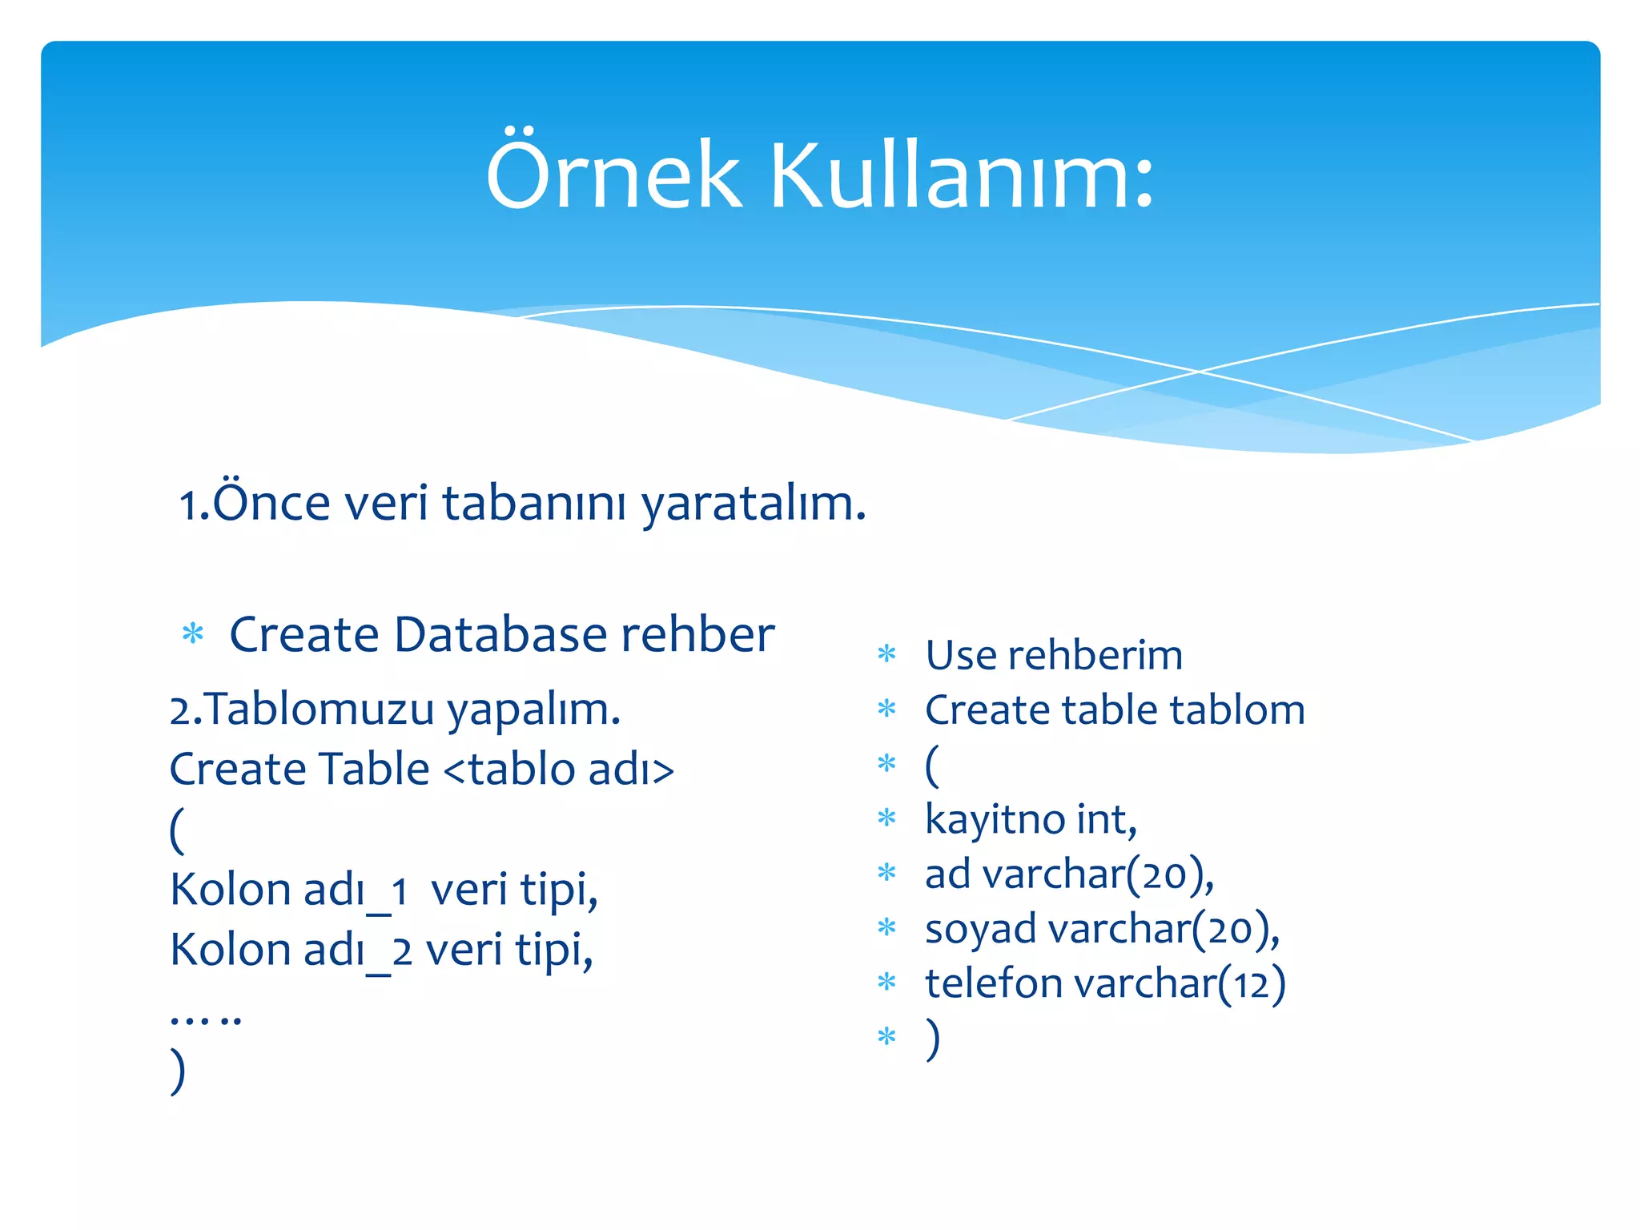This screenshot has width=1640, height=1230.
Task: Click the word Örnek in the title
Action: (x=613, y=175)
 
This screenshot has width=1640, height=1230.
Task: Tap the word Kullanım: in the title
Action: (x=962, y=175)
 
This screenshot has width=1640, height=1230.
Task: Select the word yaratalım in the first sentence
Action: (x=753, y=504)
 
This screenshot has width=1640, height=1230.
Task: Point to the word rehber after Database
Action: (x=697, y=635)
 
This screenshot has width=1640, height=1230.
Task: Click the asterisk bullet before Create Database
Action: (x=193, y=635)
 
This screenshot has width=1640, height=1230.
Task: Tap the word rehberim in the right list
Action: (x=1095, y=656)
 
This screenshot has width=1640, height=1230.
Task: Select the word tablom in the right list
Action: (x=1236, y=710)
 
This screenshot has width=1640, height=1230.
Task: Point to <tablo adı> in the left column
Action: (x=558, y=770)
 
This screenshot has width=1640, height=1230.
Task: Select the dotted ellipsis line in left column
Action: (x=206, y=1019)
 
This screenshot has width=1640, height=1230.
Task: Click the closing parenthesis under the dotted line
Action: (x=178, y=1071)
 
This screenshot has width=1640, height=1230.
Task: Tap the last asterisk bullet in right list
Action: (x=886, y=1038)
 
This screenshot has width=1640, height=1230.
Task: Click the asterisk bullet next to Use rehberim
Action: (x=886, y=655)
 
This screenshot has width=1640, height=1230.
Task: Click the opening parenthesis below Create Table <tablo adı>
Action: (x=178, y=830)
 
